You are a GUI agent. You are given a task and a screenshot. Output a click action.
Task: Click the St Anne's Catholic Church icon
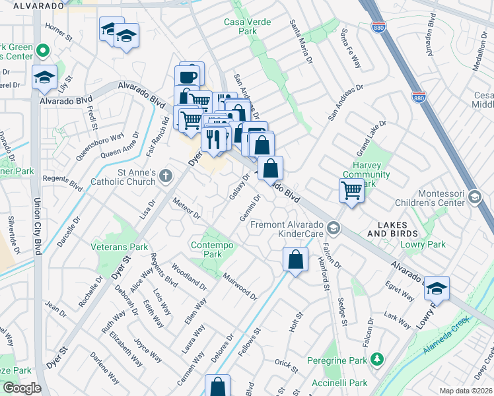coord(164,176)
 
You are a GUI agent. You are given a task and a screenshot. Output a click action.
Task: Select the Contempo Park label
coord(203,248)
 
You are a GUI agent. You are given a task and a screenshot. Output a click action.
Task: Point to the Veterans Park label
coord(120,247)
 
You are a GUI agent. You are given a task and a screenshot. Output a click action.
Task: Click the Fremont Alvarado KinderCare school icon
coord(334,228)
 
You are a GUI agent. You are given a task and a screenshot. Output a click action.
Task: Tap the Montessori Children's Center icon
coord(474,197)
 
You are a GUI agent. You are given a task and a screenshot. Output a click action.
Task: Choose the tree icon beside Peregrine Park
coord(377,359)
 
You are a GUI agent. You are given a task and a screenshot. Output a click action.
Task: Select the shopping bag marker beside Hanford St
coord(295,259)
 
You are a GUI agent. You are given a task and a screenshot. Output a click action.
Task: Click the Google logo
coord(21,388)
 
